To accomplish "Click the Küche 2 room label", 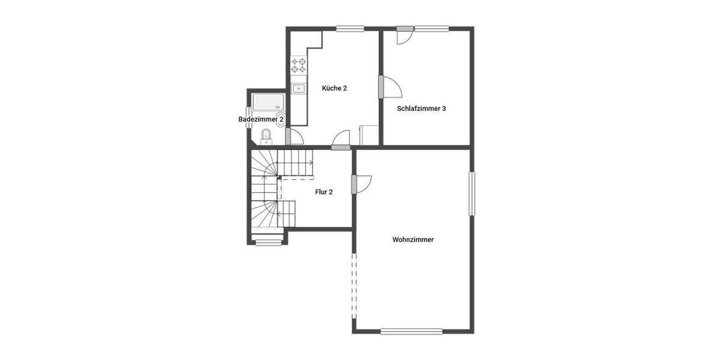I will pos(334,88).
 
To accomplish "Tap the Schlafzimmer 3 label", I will pos(421,109).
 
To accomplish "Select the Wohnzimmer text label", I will pos(413,239).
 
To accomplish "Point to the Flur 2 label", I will pos(324,192).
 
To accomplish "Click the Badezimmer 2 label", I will pos(261,119).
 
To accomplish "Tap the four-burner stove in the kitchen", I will pos(299,65).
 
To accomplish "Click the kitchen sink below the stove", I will pos(299,89).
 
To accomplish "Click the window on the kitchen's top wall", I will pos(350,28).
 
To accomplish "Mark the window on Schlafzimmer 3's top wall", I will pos(431,28).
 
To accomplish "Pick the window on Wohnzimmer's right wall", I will pos(472,194).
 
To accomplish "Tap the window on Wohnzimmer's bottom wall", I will pos(412,331).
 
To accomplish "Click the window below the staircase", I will pos(268,242).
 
